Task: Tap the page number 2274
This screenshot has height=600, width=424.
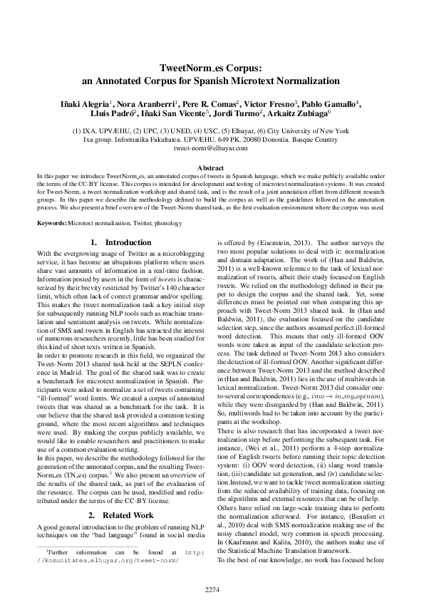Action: point(212,569)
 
